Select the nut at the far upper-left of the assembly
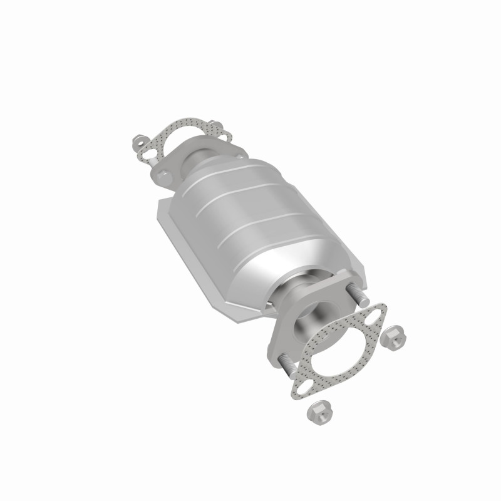(139, 142)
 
